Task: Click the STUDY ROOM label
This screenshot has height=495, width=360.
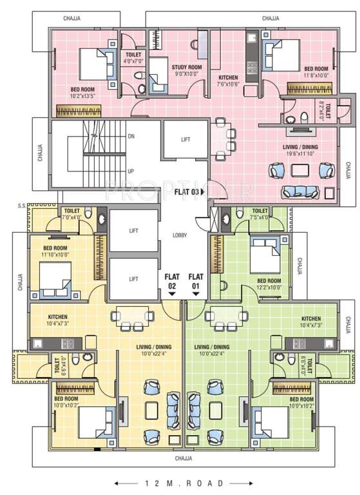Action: [187, 68]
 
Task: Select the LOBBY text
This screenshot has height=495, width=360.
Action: [180, 235]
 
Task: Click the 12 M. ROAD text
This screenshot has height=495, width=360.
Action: [180, 483]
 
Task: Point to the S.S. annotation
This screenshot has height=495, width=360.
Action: [21, 206]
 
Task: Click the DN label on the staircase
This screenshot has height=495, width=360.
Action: [131, 137]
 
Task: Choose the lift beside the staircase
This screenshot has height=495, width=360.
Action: [185, 140]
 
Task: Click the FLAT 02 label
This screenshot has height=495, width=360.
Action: [171, 281]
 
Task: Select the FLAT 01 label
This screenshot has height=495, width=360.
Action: [195, 281]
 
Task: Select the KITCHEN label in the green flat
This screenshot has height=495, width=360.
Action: [311, 318]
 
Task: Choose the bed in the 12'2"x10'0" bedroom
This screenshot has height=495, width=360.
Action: [265, 255]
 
